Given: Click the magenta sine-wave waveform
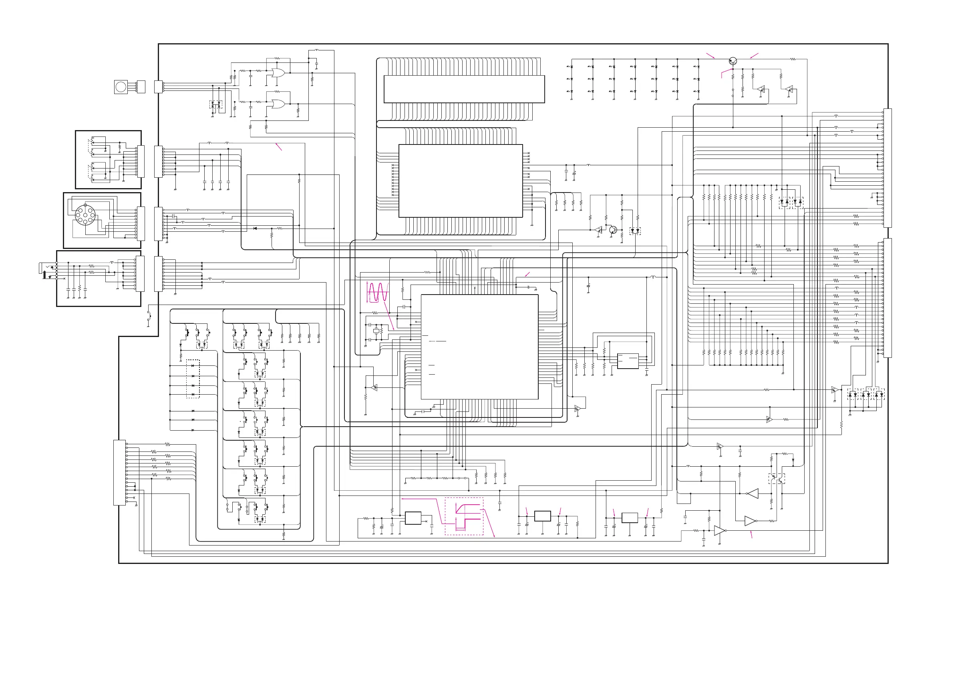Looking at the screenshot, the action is coord(378,292).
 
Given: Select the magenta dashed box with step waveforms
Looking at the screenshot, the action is coord(464,516).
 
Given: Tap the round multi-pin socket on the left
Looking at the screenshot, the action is coord(85,215).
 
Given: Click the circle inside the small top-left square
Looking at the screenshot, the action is coord(121,87).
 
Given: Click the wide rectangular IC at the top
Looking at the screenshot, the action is coord(464,89).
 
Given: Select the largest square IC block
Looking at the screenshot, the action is coord(479,347).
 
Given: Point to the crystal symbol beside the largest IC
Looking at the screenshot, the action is coord(376,331).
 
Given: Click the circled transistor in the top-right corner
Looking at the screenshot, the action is coord(733,61).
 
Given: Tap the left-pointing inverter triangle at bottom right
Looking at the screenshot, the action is coord(753,493).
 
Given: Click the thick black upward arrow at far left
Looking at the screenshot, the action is coord(45,274).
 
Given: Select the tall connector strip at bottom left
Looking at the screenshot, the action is coord(120,473).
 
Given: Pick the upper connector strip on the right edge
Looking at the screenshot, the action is coord(887,168).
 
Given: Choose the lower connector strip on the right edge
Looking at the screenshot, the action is coord(887,298).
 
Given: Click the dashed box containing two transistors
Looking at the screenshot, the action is coord(777,478).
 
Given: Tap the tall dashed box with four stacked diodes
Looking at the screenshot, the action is coord(193,379).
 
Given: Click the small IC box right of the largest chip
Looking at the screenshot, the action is coord(628,361).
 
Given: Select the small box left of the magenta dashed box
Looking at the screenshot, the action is coord(413,518).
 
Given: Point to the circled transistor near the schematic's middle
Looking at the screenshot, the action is coord(613,230).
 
